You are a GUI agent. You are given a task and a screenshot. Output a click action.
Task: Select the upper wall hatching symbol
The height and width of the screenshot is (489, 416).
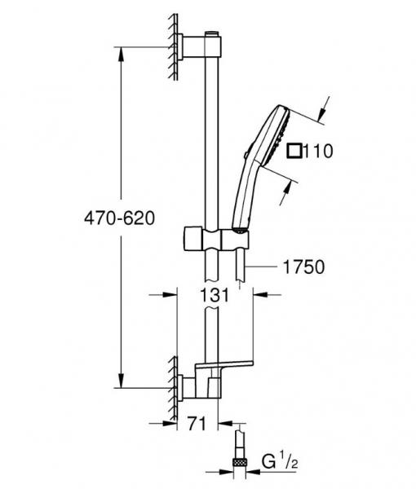click(173, 46)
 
